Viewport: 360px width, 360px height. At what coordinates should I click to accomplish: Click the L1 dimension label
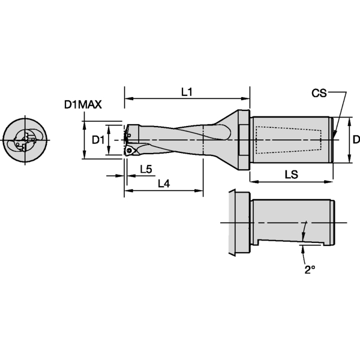pyautogui.click(x=187, y=92)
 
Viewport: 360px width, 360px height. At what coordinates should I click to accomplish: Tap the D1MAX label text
pyautogui.click(x=83, y=104)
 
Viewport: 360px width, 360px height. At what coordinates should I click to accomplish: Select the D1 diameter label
pyautogui.click(x=98, y=140)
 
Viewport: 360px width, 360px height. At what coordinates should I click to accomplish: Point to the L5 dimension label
pyautogui.click(x=145, y=169)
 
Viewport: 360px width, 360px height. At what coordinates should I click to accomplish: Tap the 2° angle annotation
pyautogui.click(x=309, y=270)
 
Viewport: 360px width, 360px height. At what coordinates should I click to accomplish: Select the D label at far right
pyautogui.click(x=356, y=140)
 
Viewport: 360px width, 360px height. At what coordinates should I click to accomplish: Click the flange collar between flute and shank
pyautogui.click(x=244, y=140)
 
